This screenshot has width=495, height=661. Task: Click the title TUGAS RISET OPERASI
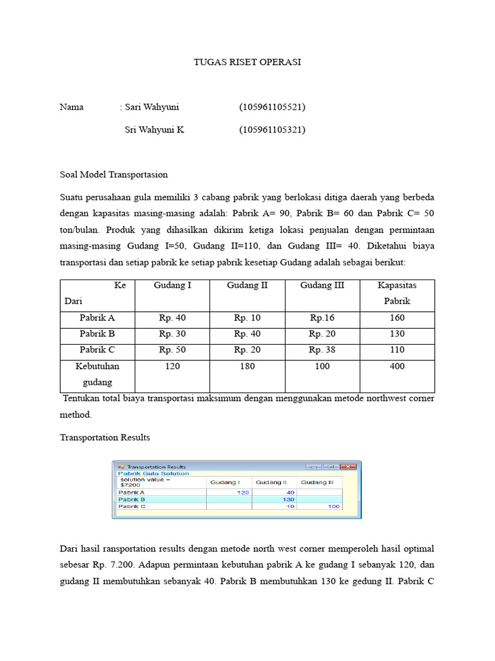tap(247, 63)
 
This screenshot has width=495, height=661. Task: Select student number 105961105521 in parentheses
tap(272, 107)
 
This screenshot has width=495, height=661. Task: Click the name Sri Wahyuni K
tap(154, 130)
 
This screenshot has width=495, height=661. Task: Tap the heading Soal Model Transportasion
tap(113, 174)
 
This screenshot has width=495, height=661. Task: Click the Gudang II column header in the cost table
tap(247, 285)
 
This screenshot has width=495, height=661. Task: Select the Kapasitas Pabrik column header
tap(397, 293)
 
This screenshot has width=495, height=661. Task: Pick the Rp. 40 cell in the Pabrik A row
tap(172, 318)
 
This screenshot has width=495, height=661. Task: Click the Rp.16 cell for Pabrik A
tap(322, 318)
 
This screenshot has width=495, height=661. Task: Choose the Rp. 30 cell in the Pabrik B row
tap(172, 334)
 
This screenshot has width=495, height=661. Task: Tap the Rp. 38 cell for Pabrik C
tap(322, 350)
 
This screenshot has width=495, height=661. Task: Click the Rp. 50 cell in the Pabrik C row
tap(172, 350)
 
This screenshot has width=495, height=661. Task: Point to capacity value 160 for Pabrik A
tap(397, 318)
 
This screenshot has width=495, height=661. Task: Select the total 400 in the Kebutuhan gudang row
tap(397, 366)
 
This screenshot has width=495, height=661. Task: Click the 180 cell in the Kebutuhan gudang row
tap(247, 366)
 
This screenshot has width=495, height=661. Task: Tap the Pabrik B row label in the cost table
tap(97, 334)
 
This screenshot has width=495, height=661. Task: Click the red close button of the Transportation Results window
tap(349, 467)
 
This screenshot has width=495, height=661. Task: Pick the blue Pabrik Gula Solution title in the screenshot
tap(153, 473)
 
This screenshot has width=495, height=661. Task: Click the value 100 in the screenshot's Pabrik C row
tap(333, 507)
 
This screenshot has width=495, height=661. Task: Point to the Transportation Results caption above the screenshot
tap(105, 438)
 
